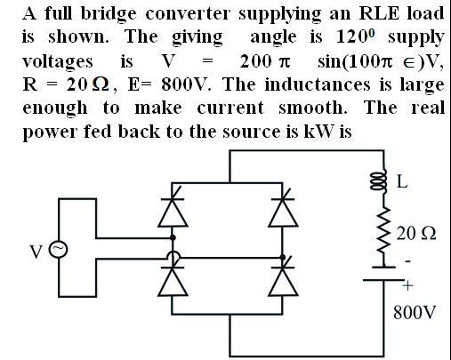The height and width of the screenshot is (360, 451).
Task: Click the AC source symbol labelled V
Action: coord(59,250)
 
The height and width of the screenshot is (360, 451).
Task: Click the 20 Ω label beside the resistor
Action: coord(416,233)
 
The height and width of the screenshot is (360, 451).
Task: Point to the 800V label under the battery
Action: coord(415,312)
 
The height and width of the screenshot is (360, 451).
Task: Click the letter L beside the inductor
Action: coord(402,181)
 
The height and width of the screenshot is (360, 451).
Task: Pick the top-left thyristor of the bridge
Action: coord(173,211)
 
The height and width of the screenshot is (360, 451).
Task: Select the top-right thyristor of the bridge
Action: coord(283,211)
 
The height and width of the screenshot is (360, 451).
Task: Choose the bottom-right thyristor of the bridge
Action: coord(283,278)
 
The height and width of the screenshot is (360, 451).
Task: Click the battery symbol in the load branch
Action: coord(384,273)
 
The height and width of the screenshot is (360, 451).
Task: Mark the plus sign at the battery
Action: coord(407,286)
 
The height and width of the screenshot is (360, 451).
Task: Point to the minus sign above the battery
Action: coord(408,261)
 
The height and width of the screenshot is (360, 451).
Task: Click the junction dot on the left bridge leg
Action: coord(173,237)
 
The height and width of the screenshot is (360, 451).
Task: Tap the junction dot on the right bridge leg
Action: coord(283,257)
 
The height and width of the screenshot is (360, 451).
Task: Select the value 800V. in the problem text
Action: coord(186,84)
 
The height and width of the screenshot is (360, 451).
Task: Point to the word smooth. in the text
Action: coord(313,108)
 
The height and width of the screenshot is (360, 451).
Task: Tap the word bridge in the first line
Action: coord(109,14)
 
